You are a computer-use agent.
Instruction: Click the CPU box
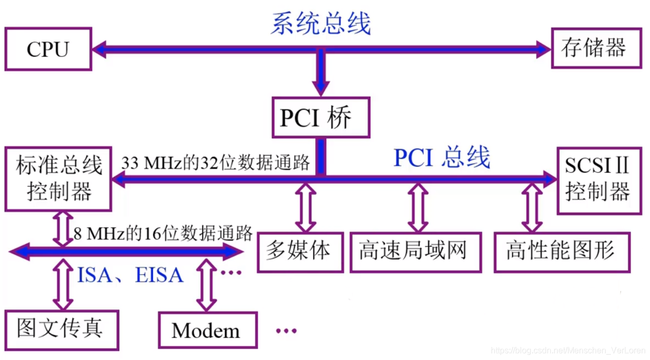click(x=48, y=50)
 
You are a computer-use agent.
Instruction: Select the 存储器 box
click(x=596, y=48)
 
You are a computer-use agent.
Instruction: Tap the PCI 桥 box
click(x=320, y=118)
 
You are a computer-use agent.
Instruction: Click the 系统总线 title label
click(x=321, y=24)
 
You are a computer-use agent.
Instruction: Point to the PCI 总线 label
click(x=442, y=158)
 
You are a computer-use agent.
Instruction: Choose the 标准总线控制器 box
click(x=58, y=179)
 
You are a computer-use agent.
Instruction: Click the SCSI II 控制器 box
click(x=598, y=180)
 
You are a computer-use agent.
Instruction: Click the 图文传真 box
click(x=61, y=329)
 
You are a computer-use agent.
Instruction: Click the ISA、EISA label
click(x=130, y=275)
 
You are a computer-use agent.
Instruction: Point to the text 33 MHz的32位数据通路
click(x=216, y=163)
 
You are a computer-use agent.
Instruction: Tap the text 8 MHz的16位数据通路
click(x=163, y=233)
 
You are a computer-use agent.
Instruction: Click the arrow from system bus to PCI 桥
click(x=321, y=72)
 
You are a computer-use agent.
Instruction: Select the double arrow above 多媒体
click(x=305, y=208)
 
